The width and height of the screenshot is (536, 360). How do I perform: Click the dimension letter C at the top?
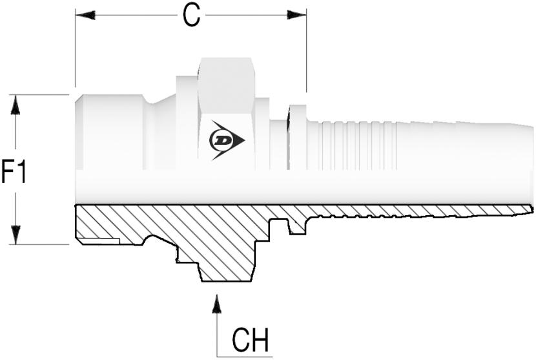(x=191, y=16)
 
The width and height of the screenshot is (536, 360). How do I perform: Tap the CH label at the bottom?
(x=250, y=340)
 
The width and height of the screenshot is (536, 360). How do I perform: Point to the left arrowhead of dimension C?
(x=85, y=15)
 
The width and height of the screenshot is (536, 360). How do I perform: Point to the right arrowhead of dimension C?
(x=296, y=15)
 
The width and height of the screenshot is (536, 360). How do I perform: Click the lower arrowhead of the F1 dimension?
(x=15, y=235)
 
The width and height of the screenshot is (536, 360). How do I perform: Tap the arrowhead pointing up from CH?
(x=216, y=303)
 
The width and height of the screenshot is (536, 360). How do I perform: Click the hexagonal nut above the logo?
(x=227, y=85)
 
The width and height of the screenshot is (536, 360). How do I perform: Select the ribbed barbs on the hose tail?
(x=352, y=145)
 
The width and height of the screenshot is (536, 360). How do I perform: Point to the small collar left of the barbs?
(x=298, y=137)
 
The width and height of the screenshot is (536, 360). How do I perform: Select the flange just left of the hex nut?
(x=187, y=123)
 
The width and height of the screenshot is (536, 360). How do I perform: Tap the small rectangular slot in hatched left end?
(x=98, y=241)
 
